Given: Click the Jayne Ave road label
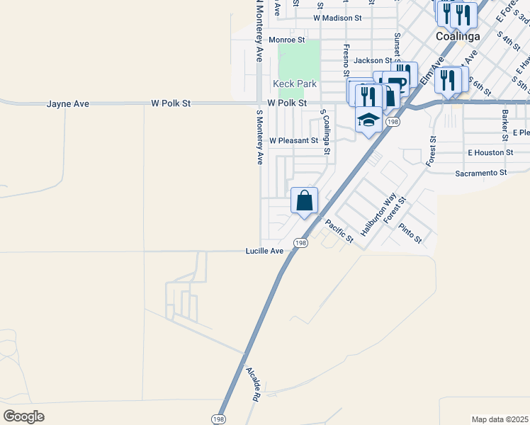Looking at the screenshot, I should [68, 103].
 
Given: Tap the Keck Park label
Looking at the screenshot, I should [295, 84].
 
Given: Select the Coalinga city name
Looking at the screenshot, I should [457, 36].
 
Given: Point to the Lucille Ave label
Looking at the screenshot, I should [264, 251].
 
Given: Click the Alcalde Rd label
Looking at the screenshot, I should [252, 385].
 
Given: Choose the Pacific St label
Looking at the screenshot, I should [339, 232].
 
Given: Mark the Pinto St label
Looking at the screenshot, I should [410, 233].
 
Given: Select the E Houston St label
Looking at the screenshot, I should [490, 152].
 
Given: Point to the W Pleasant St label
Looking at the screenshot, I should [293, 140].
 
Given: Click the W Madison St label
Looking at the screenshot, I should [337, 18].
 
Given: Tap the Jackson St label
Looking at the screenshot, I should [373, 61].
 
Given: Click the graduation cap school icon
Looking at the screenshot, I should [368, 122].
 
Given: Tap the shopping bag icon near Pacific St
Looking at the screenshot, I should [304, 200].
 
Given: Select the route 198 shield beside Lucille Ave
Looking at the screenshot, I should [302, 243].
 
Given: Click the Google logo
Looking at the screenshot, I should [23, 416].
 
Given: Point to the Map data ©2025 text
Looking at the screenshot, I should [500, 419].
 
